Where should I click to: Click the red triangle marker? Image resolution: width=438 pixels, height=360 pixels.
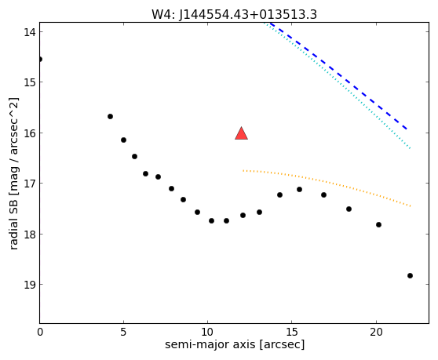(241, 133)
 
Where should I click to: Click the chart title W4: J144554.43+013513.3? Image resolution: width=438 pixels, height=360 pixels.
(234, 14)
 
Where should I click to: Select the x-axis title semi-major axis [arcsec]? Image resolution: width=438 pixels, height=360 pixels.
(235, 344)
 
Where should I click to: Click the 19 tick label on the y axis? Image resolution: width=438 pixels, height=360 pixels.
(30, 285)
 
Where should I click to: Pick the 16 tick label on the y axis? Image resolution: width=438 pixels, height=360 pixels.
(30, 133)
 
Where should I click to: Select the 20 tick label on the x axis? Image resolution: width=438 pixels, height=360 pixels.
(376, 332)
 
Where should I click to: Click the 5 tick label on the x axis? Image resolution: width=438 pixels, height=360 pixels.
(123, 332)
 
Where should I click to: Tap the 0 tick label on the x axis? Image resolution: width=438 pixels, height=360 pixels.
(40, 332)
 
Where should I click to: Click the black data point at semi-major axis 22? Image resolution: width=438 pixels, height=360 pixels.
(410, 276)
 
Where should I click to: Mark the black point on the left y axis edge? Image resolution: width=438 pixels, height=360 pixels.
(40, 59)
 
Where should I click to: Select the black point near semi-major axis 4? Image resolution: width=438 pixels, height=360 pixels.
(111, 116)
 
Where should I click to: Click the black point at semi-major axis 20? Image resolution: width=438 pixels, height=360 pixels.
(379, 224)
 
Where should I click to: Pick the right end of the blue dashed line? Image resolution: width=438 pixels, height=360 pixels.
(407, 129)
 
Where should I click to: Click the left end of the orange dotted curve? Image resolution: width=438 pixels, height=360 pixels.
(243, 170)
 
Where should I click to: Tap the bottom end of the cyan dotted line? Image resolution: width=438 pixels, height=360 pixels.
(410, 149)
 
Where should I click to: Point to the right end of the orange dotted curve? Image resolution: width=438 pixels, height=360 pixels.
(411, 206)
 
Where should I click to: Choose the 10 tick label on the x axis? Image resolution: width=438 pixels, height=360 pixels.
(208, 332)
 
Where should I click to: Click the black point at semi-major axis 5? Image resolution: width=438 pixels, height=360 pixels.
(124, 140)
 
